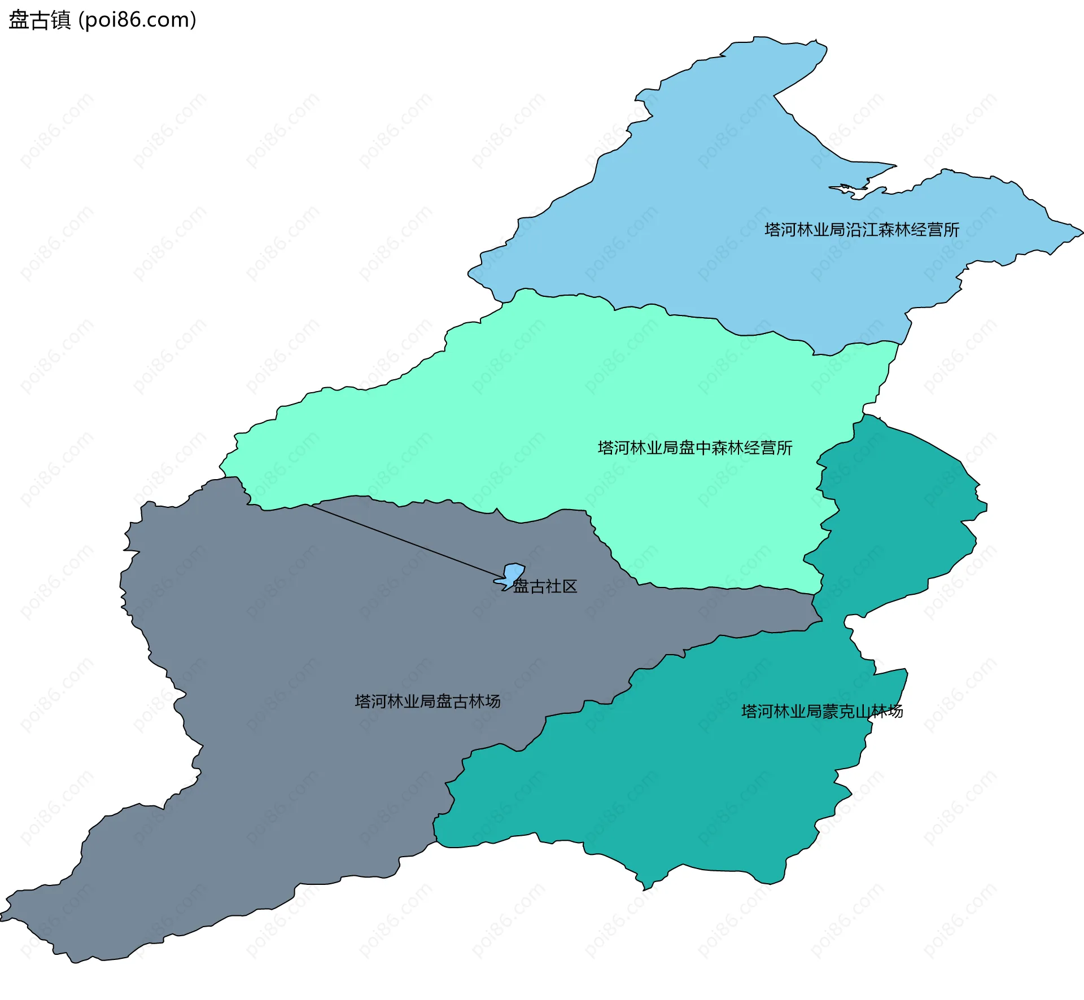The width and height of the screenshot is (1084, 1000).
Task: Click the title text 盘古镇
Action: [x=40, y=20]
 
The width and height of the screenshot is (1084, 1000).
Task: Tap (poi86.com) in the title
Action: [x=137, y=20]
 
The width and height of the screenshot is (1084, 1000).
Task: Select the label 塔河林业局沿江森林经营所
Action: [x=862, y=230]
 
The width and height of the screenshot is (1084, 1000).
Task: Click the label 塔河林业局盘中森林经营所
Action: [x=694, y=448]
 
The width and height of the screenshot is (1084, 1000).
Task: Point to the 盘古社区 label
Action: [x=545, y=586]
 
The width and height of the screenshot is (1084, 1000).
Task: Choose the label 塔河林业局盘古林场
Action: [x=427, y=701]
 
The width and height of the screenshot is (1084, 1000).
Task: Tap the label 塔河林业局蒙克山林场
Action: [x=821, y=711]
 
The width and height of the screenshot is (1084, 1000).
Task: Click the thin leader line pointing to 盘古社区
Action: [x=406, y=542]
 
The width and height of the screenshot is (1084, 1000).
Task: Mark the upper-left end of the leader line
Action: [x=309, y=505]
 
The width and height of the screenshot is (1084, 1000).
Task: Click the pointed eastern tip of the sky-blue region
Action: [x=1082, y=232]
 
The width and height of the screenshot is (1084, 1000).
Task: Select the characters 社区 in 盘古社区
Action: [x=561, y=586]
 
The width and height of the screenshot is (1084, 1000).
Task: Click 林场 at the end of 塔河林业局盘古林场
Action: [x=484, y=701]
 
